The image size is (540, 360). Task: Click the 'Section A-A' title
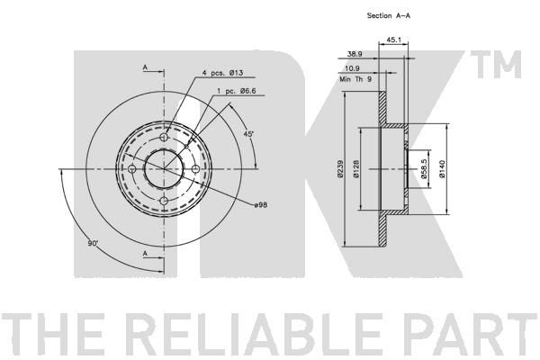(389, 15)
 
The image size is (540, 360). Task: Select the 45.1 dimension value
(393, 40)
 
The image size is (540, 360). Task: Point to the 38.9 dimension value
(355, 54)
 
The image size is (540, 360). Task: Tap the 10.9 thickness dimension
(352, 68)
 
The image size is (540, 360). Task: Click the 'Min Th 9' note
(355, 79)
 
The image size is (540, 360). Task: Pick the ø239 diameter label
(340, 168)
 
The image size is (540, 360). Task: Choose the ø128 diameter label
(356, 169)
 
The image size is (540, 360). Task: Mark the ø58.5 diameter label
(424, 168)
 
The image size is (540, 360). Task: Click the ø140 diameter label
(442, 169)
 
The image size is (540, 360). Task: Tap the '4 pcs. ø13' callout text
(222, 73)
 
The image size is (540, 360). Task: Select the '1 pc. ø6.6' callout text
(236, 91)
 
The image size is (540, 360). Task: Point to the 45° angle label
(248, 134)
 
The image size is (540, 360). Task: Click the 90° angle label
(93, 243)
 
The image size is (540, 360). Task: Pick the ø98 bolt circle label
(261, 205)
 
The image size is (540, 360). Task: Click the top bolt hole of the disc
(164, 138)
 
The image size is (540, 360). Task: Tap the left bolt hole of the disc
(132, 169)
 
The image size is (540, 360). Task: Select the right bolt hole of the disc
(195, 169)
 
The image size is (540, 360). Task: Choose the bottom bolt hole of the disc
(164, 201)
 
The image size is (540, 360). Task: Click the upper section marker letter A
(145, 67)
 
